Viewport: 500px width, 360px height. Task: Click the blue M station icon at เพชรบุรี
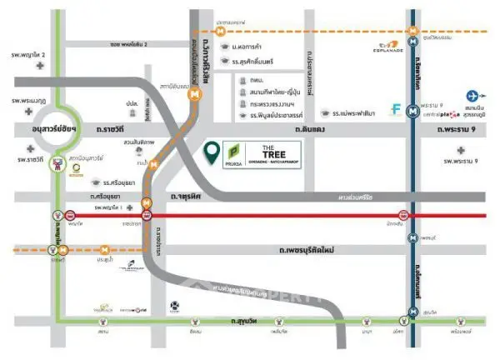click(413, 237)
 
